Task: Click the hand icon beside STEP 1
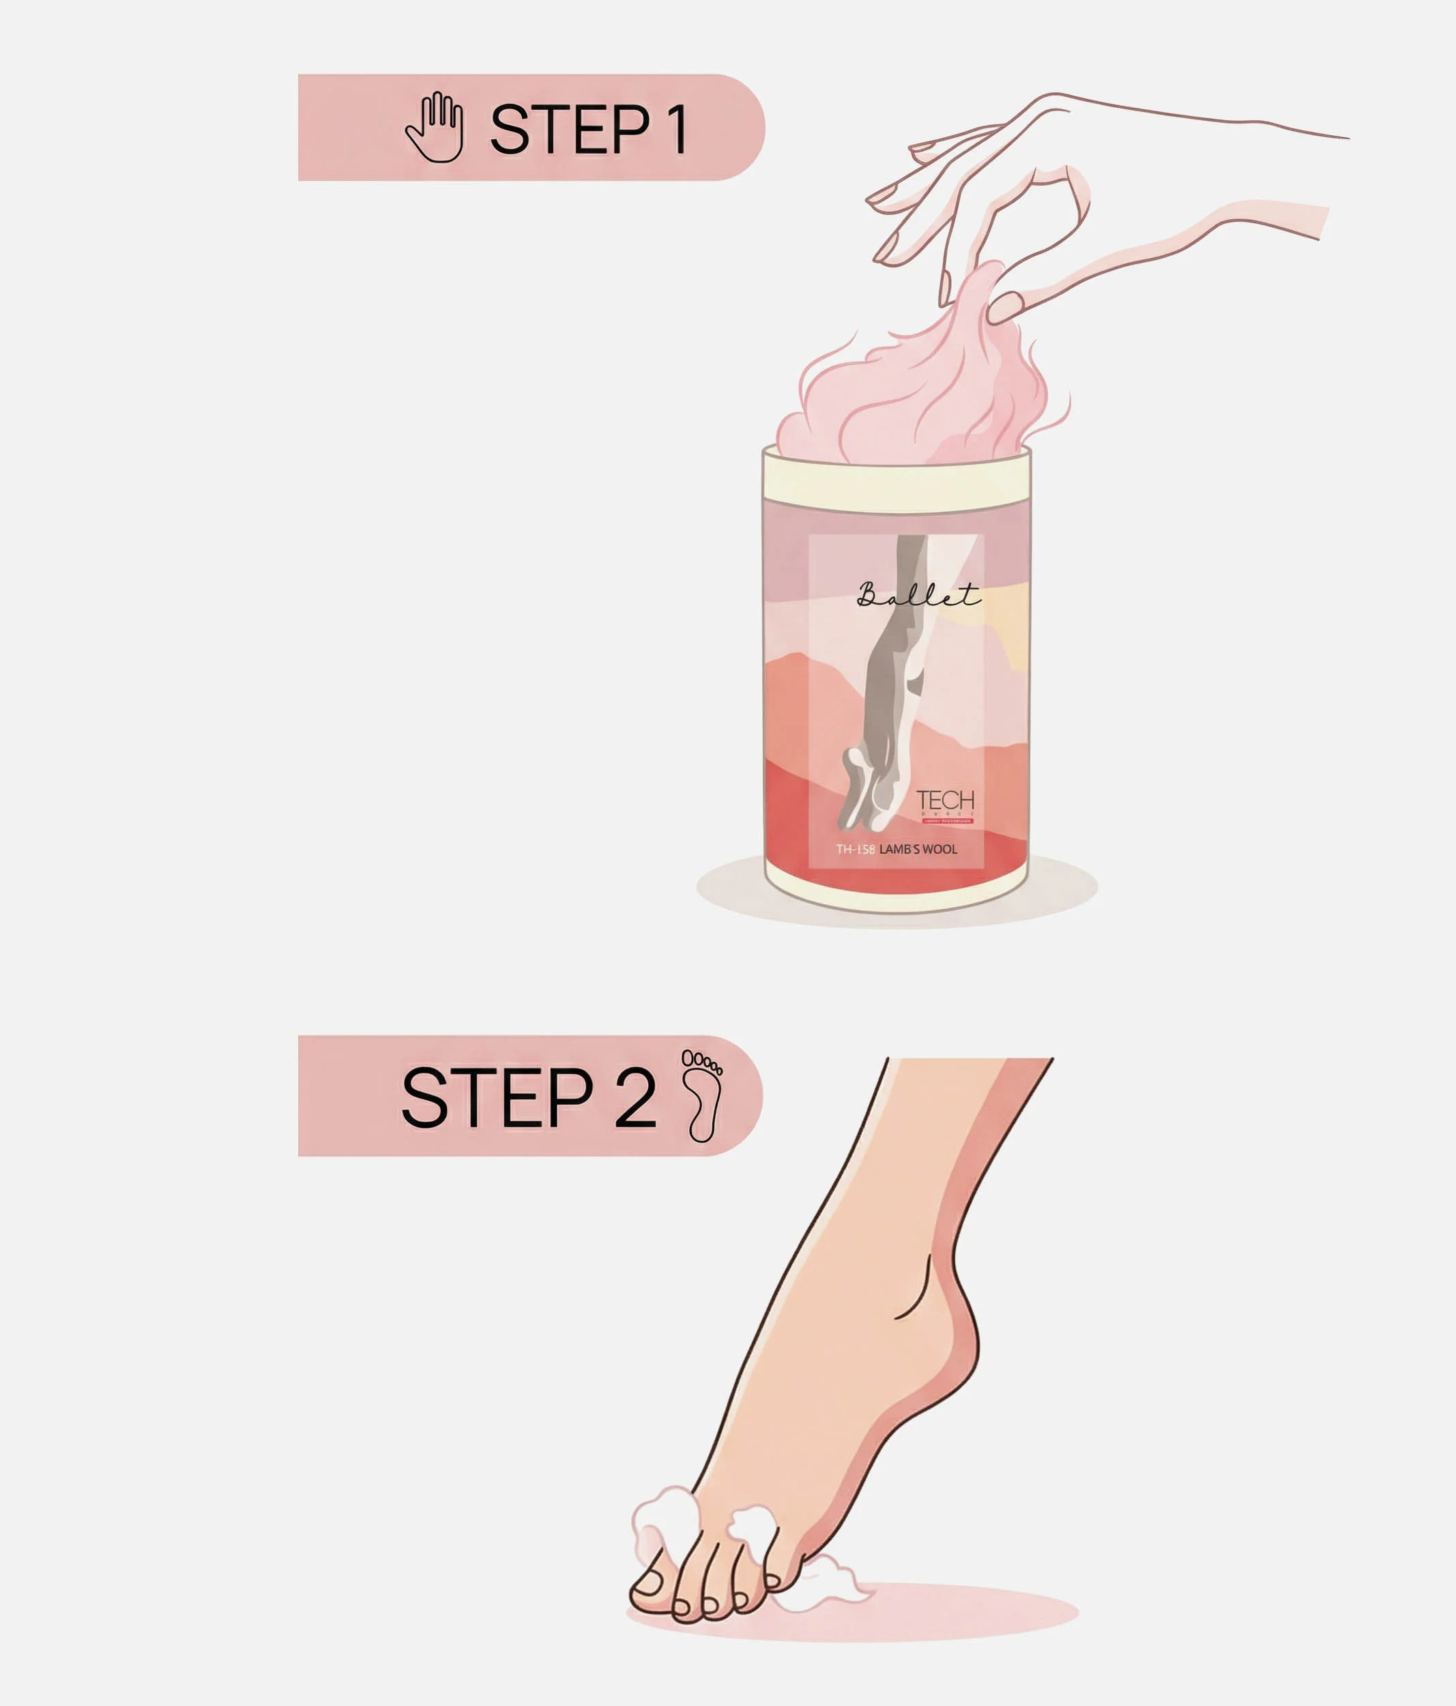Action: pyautogui.click(x=435, y=128)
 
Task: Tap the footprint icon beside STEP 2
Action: pyautogui.click(x=702, y=1096)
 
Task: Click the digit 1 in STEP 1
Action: pyautogui.click(x=678, y=129)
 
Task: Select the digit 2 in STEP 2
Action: pyautogui.click(x=635, y=1097)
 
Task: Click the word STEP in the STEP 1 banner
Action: pyautogui.click(x=570, y=129)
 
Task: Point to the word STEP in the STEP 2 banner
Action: pyautogui.click(x=496, y=1097)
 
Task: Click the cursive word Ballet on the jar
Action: pyautogui.click(x=918, y=594)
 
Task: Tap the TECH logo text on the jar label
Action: pyautogui.click(x=945, y=800)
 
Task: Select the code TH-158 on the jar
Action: pyautogui.click(x=855, y=850)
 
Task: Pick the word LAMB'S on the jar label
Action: pyautogui.click(x=899, y=850)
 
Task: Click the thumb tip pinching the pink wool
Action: pyautogui.click(x=1004, y=307)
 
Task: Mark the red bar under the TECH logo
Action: pyautogui.click(x=947, y=821)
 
